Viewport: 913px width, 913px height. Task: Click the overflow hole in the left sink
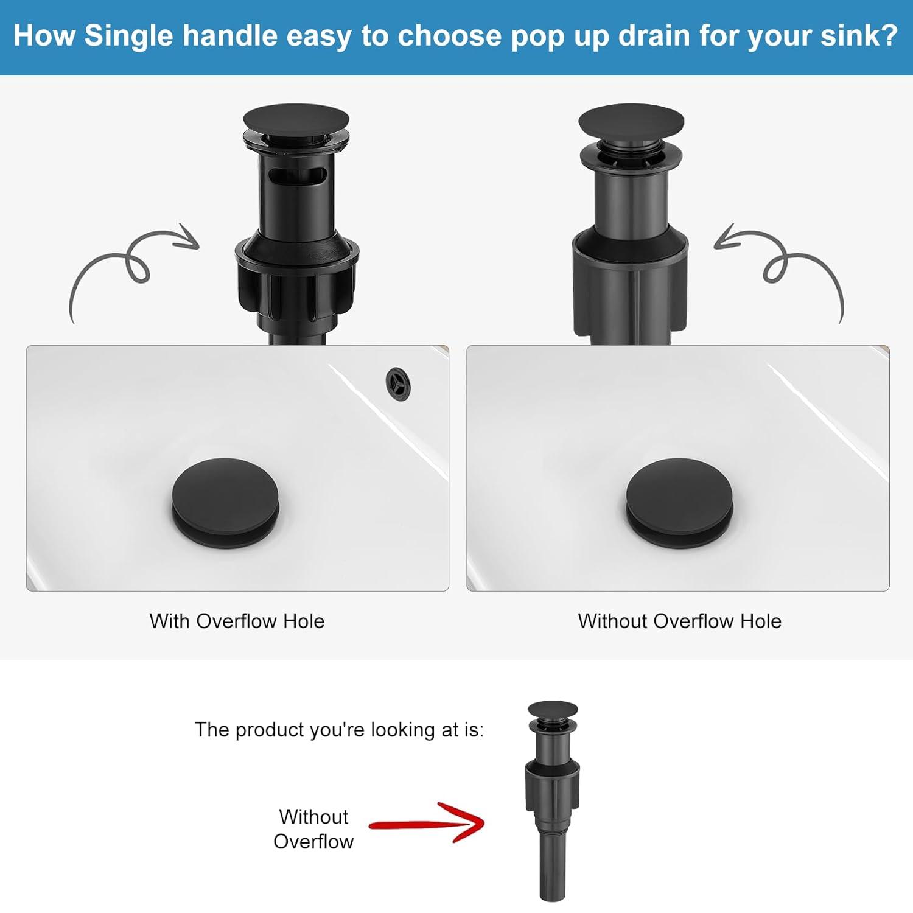(398, 383)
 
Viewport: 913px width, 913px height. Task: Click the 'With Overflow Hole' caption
(237, 621)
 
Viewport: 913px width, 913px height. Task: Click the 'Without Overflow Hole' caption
(679, 621)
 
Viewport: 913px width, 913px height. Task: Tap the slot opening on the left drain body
(296, 177)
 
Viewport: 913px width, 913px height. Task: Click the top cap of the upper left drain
(296, 119)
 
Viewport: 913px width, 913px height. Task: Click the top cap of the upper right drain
(631, 119)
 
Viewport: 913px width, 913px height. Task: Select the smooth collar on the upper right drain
(630, 283)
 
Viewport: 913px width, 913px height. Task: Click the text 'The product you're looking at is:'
(339, 729)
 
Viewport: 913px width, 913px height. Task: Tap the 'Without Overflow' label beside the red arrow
(313, 828)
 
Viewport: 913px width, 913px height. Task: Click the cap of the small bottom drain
(552, 708)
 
